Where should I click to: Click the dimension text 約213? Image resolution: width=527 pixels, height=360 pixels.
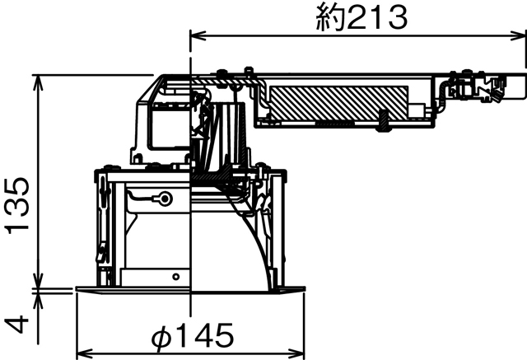click(x=361, y=17)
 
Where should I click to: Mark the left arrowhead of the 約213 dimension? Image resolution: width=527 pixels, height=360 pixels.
click(x=196, y=35)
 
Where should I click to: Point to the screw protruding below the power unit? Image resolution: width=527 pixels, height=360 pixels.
click(x=384, y=121)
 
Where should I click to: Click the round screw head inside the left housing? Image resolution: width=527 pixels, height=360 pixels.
click(x=166, y=199)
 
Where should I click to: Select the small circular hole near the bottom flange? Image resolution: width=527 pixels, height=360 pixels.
click(x=174, y=276)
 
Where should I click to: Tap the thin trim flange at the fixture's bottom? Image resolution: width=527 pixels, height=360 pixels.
click(x=189, y=289)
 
